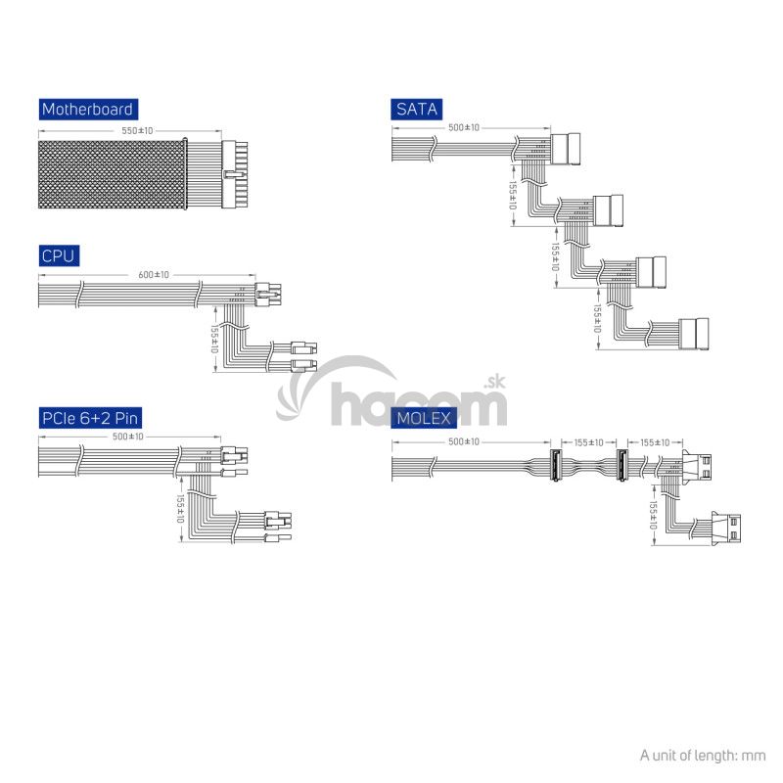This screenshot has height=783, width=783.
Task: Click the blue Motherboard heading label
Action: coord(88,110)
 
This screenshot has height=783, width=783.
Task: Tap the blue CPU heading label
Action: coord(59,256)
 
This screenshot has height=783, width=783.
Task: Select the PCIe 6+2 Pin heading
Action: coord(90,418)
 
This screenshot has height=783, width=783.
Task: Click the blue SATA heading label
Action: coord(417,110)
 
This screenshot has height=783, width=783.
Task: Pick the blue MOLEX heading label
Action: coord(424,418)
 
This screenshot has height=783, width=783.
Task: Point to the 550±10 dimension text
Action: coord(137,131)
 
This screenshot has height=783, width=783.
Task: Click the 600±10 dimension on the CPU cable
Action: coord(154,275)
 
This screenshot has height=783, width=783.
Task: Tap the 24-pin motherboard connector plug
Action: coord(235,175)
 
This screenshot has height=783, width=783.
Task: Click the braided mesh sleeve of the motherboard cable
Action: coord(112,174)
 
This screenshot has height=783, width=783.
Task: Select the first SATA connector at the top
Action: coord(566,150)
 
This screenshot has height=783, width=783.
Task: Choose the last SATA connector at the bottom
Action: coord(694,334)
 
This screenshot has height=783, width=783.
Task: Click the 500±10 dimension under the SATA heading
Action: coord(464,128)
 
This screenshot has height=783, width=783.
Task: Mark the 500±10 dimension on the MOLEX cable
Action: coord(464,442)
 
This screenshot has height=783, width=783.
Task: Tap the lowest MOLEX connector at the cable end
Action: coord(726,529)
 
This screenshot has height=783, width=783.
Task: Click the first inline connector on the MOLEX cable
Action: coord(555,465)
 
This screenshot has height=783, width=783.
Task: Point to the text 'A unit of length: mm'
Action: coord(703,756)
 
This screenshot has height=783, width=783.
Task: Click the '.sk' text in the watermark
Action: coord(495,383)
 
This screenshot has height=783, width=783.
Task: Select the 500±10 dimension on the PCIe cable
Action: coord(128,437)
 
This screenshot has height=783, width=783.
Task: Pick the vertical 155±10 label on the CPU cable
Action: coord(214,339)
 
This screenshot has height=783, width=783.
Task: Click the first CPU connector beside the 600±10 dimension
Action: coord(268,295)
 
